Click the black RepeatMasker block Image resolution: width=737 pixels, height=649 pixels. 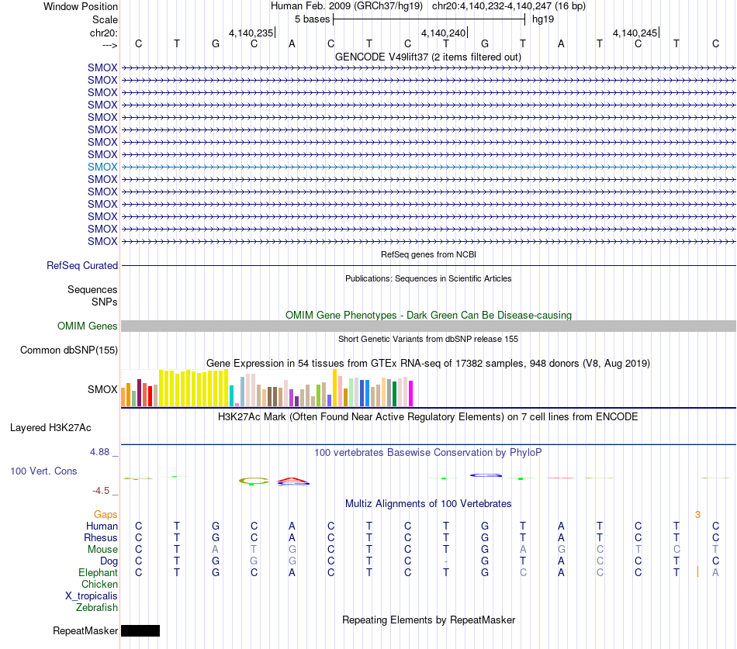point(140,630)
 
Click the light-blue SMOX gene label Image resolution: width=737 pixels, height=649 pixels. point(102,167)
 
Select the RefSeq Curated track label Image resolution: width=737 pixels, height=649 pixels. point(82,265)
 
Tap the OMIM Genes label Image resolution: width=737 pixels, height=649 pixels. point(88,326)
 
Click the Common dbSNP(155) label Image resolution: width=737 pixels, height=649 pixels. point(69,350)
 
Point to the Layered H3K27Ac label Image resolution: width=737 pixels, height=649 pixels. point(50,428)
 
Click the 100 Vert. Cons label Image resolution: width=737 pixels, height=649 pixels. point(43,471)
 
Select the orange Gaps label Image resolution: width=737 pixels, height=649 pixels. point(106,515)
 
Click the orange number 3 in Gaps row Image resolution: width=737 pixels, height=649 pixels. point(698,515)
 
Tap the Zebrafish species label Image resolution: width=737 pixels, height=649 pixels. point(97,608)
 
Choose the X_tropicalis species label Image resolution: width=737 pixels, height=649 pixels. point(92,596)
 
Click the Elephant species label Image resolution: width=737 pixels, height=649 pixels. point(99,573)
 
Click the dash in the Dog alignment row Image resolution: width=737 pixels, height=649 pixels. point(446,561)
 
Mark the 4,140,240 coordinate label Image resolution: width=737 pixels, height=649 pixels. point(443,33)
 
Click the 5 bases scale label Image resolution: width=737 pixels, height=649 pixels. point(313,19)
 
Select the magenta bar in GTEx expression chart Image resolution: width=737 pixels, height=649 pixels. point(411,393)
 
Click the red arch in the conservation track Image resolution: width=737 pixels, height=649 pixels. point(292,480)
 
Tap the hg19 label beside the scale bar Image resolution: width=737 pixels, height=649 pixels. point(543,19)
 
